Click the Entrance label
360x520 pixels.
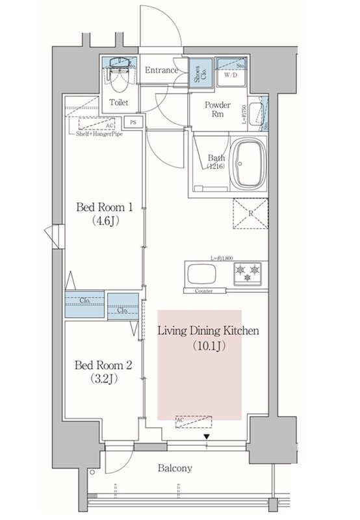(x=161, y=70)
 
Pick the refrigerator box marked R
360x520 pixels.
(x=250, y=214)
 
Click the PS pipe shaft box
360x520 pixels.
(x=133, y=122)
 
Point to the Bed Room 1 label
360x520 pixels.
(x=104, y=208)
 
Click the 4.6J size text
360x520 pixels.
(x=104, y=222)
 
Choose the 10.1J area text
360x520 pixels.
(x=209, y=346)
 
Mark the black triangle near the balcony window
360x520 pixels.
(x=207, y=436)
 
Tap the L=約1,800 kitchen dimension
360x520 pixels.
(x=221, y=259)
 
